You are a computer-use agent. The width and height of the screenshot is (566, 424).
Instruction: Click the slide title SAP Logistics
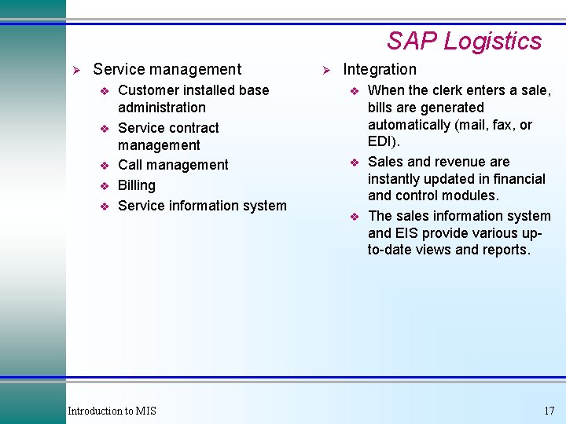[464, 41]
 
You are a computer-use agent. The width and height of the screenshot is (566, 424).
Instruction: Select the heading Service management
[167, 70]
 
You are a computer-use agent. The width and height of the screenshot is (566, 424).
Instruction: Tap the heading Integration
[380, 70]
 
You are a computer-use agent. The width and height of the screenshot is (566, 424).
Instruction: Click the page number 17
[549, 411]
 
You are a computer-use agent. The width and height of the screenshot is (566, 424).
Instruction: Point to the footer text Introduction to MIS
[112, 411]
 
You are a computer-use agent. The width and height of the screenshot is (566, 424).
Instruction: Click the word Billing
[137, 185]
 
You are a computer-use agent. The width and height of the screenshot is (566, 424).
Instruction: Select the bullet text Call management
[173, 165]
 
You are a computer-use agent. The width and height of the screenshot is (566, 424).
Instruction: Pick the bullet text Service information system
[202, 206]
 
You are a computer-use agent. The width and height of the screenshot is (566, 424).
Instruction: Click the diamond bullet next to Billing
[104, 186]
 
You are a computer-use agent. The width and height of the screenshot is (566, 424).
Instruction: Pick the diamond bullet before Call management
[104, 166]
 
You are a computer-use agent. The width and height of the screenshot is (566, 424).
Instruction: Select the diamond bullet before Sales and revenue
[355, 163]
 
